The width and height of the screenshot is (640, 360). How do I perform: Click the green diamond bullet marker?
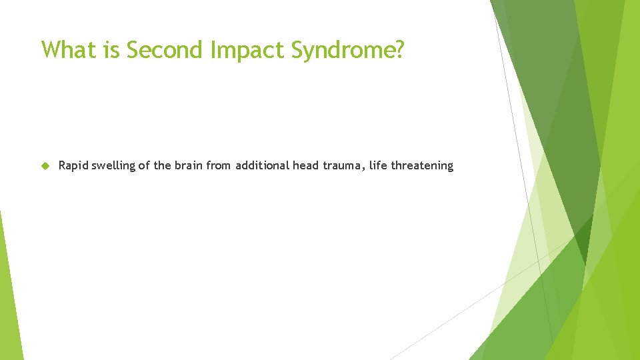(x=45, y=166)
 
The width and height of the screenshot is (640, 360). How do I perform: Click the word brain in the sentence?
(x=189, y=165)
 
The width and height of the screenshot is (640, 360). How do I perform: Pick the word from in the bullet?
(x=219, y=165)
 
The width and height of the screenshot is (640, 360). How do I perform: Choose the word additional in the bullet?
(x=262, y=165)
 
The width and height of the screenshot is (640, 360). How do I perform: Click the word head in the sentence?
(x=305, y=165)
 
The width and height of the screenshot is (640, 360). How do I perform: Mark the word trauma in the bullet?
(x=339, y=166)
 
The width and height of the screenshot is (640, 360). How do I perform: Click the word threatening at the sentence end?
(x=422, y=166)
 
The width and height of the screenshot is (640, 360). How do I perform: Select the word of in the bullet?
(x=145, y=165)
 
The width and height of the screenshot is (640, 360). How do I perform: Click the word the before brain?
(x=162, y=165)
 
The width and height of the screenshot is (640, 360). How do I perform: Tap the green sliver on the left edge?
(x=9, y=293)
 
